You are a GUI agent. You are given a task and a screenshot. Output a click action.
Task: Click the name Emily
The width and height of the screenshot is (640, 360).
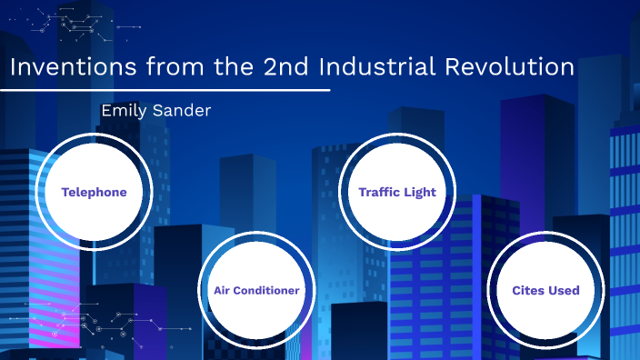pos(126,110)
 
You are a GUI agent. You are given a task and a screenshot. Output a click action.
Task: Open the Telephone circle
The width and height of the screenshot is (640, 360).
pos(94,192)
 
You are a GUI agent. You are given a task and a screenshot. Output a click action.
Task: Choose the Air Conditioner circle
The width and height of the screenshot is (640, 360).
pos(256,291)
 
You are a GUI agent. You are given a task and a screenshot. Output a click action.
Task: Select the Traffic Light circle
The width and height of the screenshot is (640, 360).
pos(397,192)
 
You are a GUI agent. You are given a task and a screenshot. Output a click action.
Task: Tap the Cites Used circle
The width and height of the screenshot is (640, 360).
pos(545,291)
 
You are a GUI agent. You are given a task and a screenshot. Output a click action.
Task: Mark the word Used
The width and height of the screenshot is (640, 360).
pos(564,291)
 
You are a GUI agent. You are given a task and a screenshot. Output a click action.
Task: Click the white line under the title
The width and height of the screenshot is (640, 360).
pos(165,91)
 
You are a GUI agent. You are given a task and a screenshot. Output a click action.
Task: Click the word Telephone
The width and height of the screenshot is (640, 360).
pos(94,192)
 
